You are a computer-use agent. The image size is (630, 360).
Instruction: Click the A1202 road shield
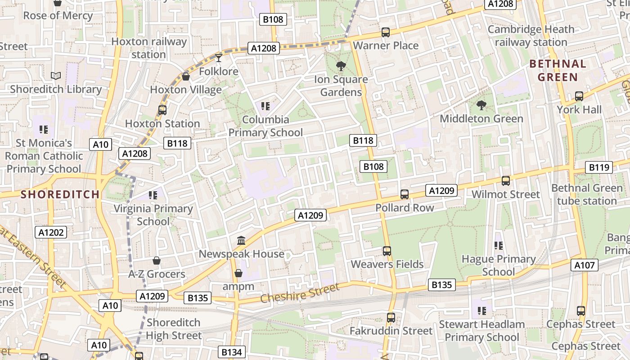coord(51,232)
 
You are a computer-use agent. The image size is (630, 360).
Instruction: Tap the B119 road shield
coord(599,167)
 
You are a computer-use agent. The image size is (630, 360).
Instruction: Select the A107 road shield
coord(585,265)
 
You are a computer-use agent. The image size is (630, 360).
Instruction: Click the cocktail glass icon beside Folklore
coord(219,57)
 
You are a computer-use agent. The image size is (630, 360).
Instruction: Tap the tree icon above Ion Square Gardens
coord(341,66)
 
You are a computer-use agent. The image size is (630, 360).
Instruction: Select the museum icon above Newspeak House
coord(241,241)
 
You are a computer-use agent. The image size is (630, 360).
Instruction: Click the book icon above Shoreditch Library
coord(56,76)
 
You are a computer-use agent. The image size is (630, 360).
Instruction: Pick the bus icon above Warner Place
coord(386,32)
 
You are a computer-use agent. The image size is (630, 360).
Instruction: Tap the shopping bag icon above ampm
coord(238,273)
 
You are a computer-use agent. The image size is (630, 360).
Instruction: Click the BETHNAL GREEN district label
coord(558,70)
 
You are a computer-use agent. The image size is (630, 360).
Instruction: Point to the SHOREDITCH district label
coord(60,194)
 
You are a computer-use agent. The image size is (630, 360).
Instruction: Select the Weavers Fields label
coord(387,264)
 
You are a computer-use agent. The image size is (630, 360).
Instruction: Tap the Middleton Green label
coord(481,118)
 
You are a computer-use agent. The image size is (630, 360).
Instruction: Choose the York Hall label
coord(579,109)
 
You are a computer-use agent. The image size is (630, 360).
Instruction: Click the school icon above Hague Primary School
coord(499,246)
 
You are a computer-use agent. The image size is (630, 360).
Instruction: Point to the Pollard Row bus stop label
coord(405,207)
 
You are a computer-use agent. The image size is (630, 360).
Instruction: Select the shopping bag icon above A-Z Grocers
coord(157,261)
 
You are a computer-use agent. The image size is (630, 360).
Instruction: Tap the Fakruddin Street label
coord(391,331)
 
